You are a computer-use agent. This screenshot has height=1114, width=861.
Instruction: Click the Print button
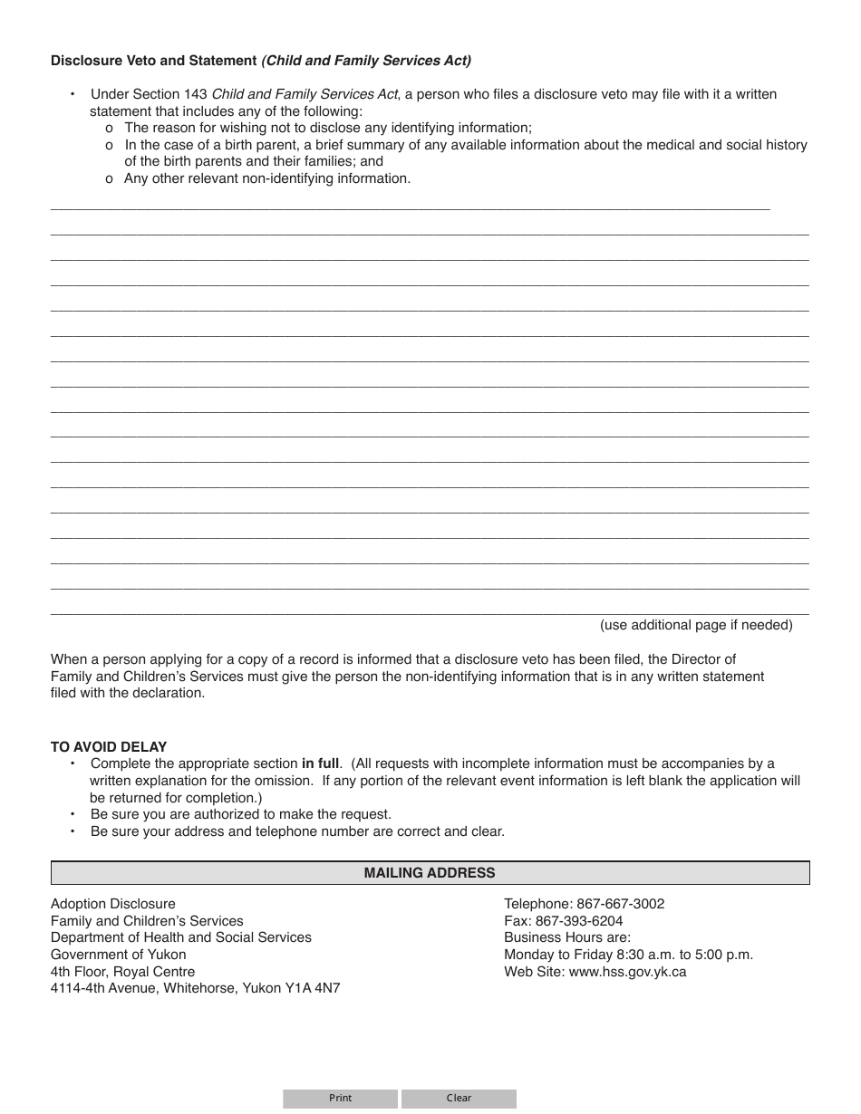pyautogui.click(x=340, y=1098)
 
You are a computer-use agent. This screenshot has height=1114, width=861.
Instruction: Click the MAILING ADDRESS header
pyautogui.click(x=430, y=873)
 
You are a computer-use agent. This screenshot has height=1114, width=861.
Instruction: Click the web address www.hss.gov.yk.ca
pyautogui.click(x=627, y=972)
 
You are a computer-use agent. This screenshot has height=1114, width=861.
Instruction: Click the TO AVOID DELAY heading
pyautogui.click(x=109, y=747)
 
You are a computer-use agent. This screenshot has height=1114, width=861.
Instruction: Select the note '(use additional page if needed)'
pyautogui.click(x=696, y=625)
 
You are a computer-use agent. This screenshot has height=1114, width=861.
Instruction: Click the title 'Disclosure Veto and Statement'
pyautogui.click(x=153, y=62)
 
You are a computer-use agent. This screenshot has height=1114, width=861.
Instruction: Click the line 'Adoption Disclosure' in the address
pyautogui.click(x=113, y=904)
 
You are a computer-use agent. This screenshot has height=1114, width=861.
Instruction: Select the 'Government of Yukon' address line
pyautogui.click(x=119, y=955)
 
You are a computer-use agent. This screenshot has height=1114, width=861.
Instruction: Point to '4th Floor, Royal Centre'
pyautogui.click(x=122, y=972)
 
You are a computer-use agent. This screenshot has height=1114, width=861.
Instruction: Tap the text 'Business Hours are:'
pyautogui.click(x=567, y=937)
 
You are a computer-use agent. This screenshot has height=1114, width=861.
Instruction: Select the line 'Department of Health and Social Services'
pyautogui.click(x=181, y=937)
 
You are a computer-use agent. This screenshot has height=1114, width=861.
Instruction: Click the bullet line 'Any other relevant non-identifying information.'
pyautogui.click(x=267, y=178)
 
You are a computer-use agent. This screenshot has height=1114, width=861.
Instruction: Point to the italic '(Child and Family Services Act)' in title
pyautogui.click(x=366, y=62)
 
